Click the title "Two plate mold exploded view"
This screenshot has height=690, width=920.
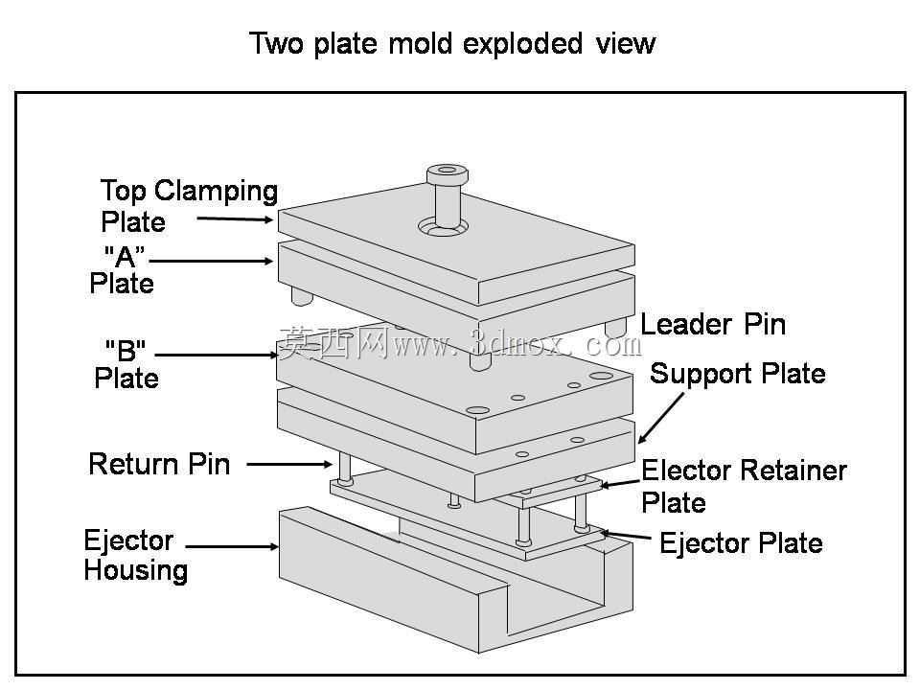[x=452, y=43]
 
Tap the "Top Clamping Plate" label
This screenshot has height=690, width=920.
[x=189, y=206]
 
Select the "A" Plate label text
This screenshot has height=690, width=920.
[x=122, y=270]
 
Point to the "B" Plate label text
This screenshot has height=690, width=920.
[x=126, y=364]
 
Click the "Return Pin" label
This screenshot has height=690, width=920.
[x=159, y=464]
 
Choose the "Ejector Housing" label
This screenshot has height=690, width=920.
[x=135, y=555]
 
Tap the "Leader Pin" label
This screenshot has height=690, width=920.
[x=713, y=324]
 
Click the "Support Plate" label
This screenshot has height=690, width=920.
[x=738, y=373]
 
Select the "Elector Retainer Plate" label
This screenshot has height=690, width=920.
[x=744, y=486]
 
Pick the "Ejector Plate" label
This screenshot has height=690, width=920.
[x=741, y=542]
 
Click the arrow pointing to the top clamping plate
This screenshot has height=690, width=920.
[x=236, y=219]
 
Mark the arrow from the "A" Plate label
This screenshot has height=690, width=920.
[x=211, y=261]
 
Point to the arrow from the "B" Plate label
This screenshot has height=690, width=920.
[x=217, y=355]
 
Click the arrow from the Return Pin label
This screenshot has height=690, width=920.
[x=289, y=464]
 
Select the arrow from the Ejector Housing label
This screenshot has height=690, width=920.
[x=232, y=546]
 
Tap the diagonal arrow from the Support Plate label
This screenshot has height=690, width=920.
[x=661, y=418]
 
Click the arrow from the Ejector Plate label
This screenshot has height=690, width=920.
[x=624, y=535]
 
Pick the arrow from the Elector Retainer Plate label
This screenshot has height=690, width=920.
[x=620, y=484]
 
